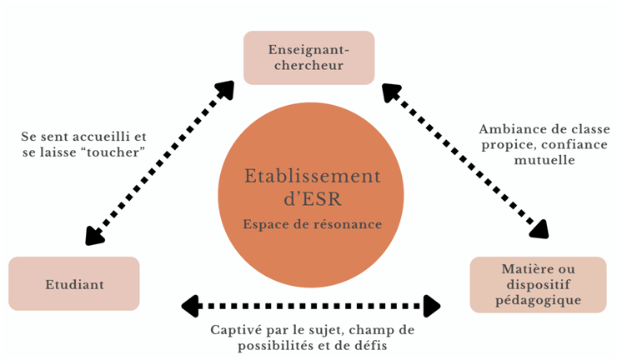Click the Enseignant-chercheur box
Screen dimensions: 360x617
[308, 57]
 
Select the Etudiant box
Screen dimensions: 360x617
[74, 284]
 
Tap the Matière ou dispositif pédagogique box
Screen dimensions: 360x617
[537, 284]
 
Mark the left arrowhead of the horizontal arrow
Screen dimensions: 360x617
[190, 306]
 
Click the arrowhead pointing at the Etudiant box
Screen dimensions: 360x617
[93, 236]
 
